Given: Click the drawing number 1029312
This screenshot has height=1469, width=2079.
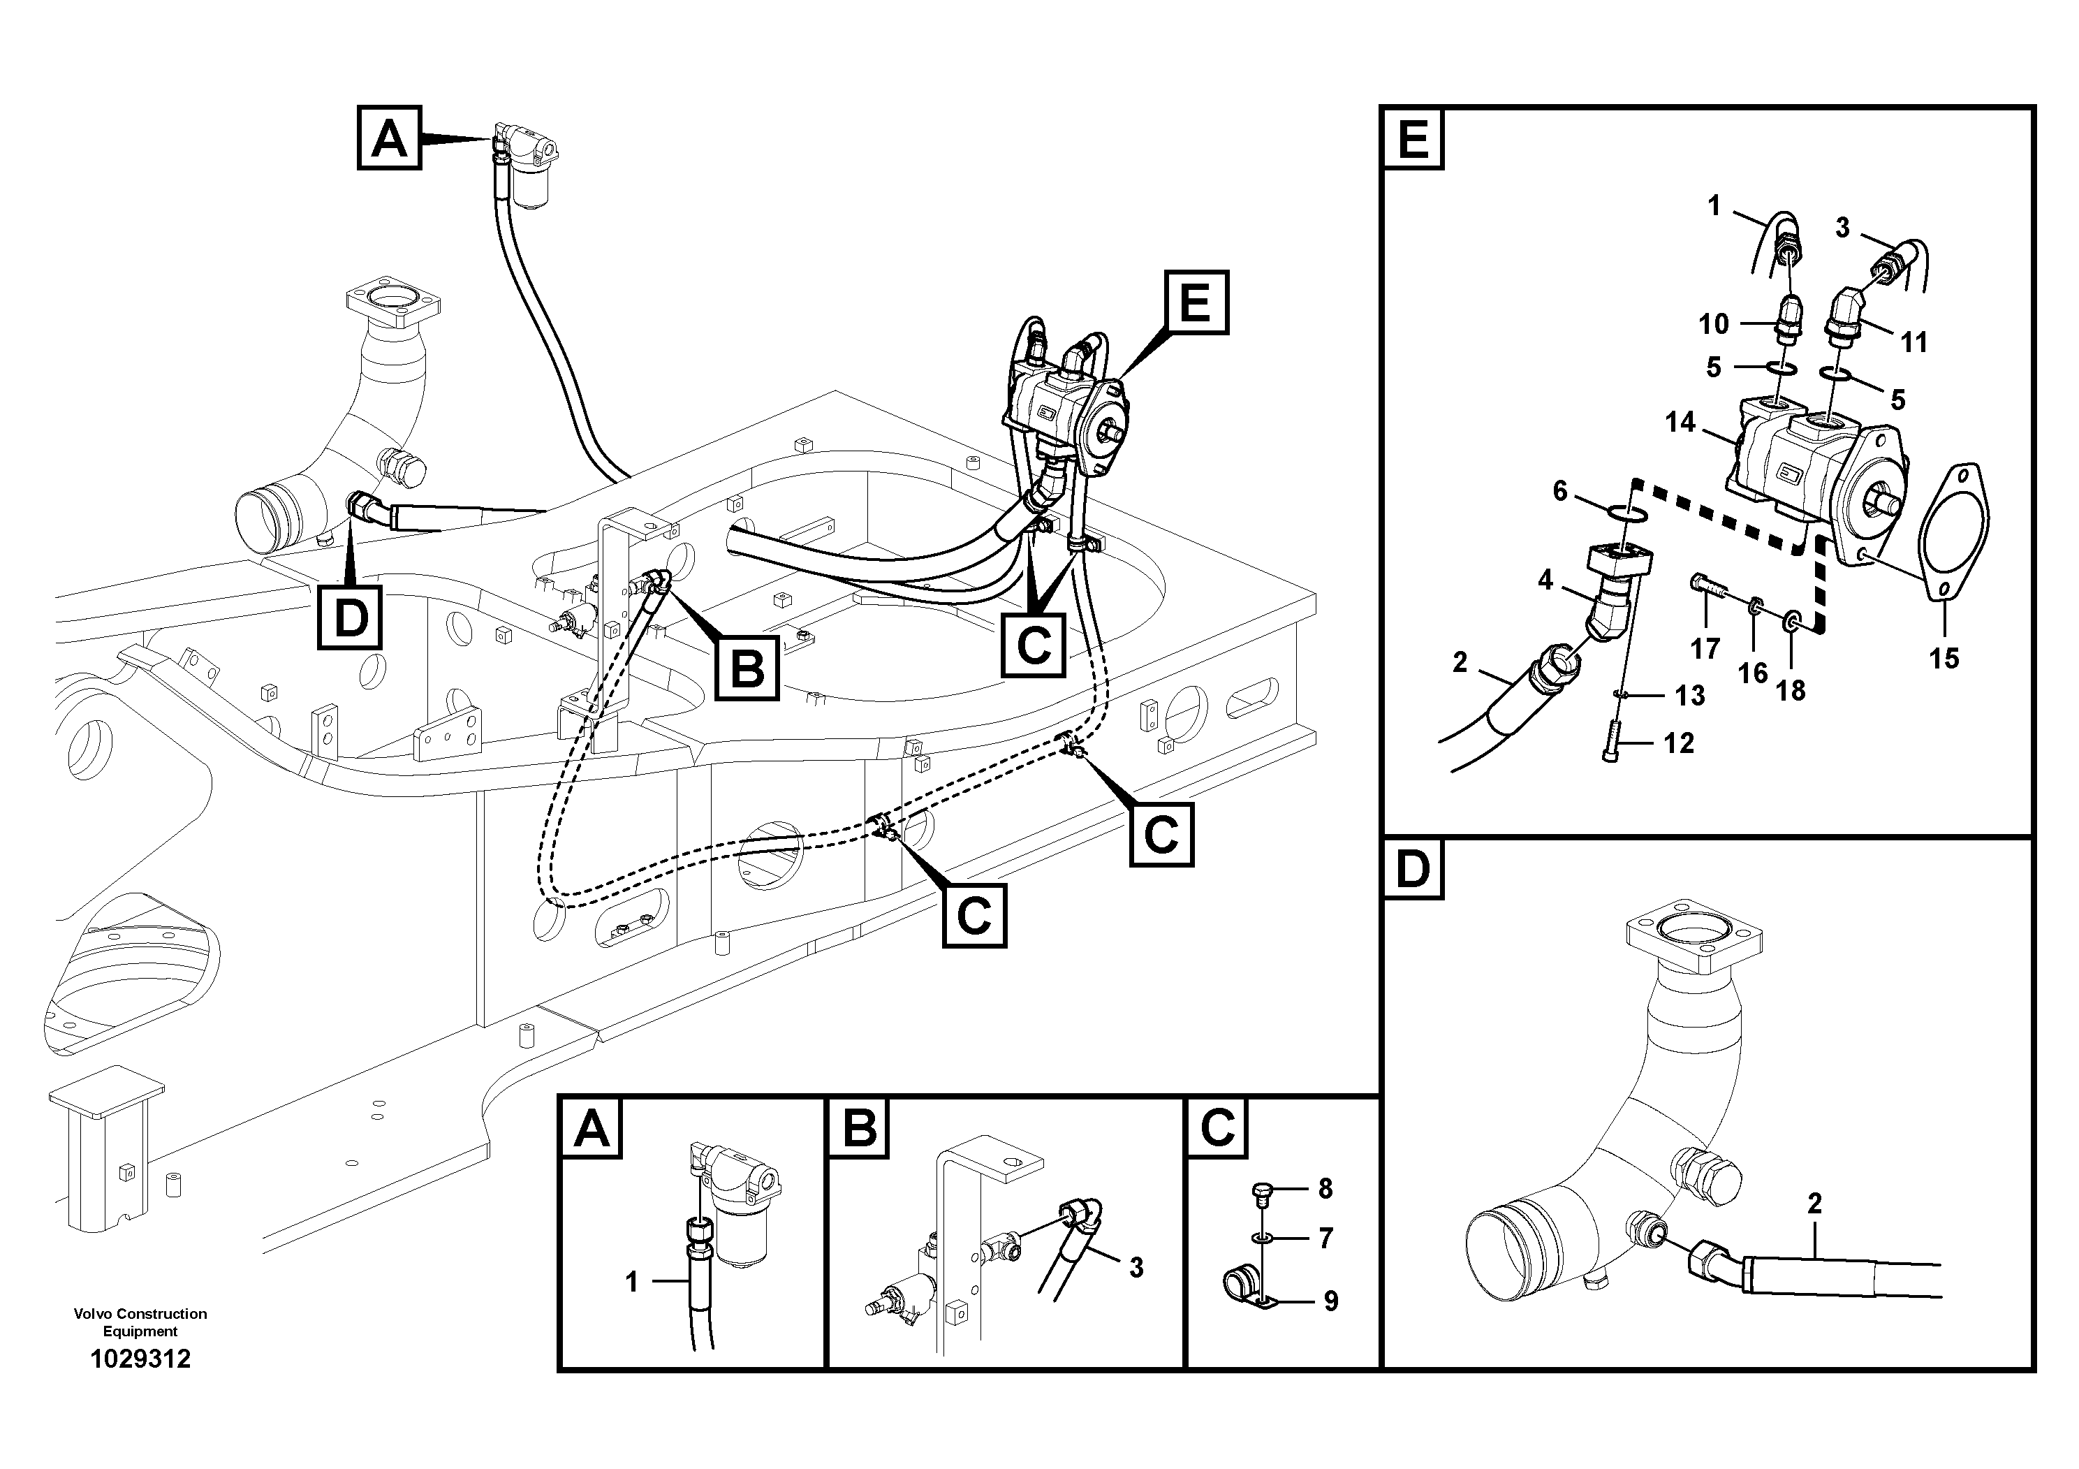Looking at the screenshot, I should (x=140, y=1359).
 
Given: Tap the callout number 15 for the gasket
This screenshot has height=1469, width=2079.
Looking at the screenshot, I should (x=1944, y=659).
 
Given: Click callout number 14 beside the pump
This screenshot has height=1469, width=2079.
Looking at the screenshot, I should (x=1680, y=422).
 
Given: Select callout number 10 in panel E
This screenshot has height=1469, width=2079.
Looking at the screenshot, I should (x=1713, y=323).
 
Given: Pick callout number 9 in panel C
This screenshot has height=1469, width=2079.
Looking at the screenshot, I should (x=1330, y=1301).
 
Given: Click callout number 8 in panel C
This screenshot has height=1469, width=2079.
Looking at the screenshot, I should (x=1325, y=1188).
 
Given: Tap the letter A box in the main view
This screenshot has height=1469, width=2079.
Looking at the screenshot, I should (x=390, y=138).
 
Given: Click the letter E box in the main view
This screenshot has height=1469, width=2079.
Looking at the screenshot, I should (x=1196, y=302).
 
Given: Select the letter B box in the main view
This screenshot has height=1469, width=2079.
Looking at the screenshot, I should (x=747, y=668).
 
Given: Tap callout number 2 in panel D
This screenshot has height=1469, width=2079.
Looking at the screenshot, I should (x=1814, y=1204).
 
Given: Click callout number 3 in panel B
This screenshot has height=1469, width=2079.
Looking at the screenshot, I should (x=1136, y=1268).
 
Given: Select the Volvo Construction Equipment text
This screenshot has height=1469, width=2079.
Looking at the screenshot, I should (x=140, y=1322).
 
